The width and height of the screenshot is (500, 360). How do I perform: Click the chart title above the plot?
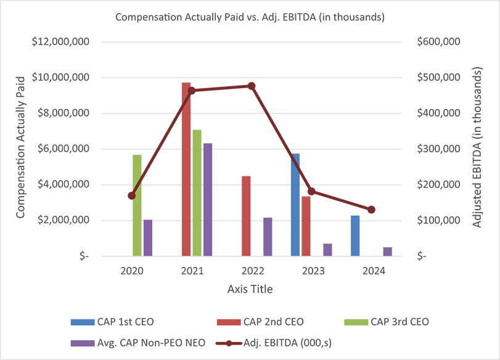click(x=250, y=17)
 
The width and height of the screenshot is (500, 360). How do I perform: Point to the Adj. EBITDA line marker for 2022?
click(x=252, y=86)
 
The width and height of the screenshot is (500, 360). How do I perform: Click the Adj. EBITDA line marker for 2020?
click(x=131, y=195)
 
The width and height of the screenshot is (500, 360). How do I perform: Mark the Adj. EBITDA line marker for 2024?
click(x=371, y=210)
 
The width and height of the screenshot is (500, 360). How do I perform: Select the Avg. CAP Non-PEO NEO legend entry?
click(x=130, y=340)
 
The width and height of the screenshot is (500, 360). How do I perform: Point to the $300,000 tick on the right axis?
click(x=438, y=149)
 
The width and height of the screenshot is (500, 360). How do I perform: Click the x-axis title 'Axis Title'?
click(x=250, y=288)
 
